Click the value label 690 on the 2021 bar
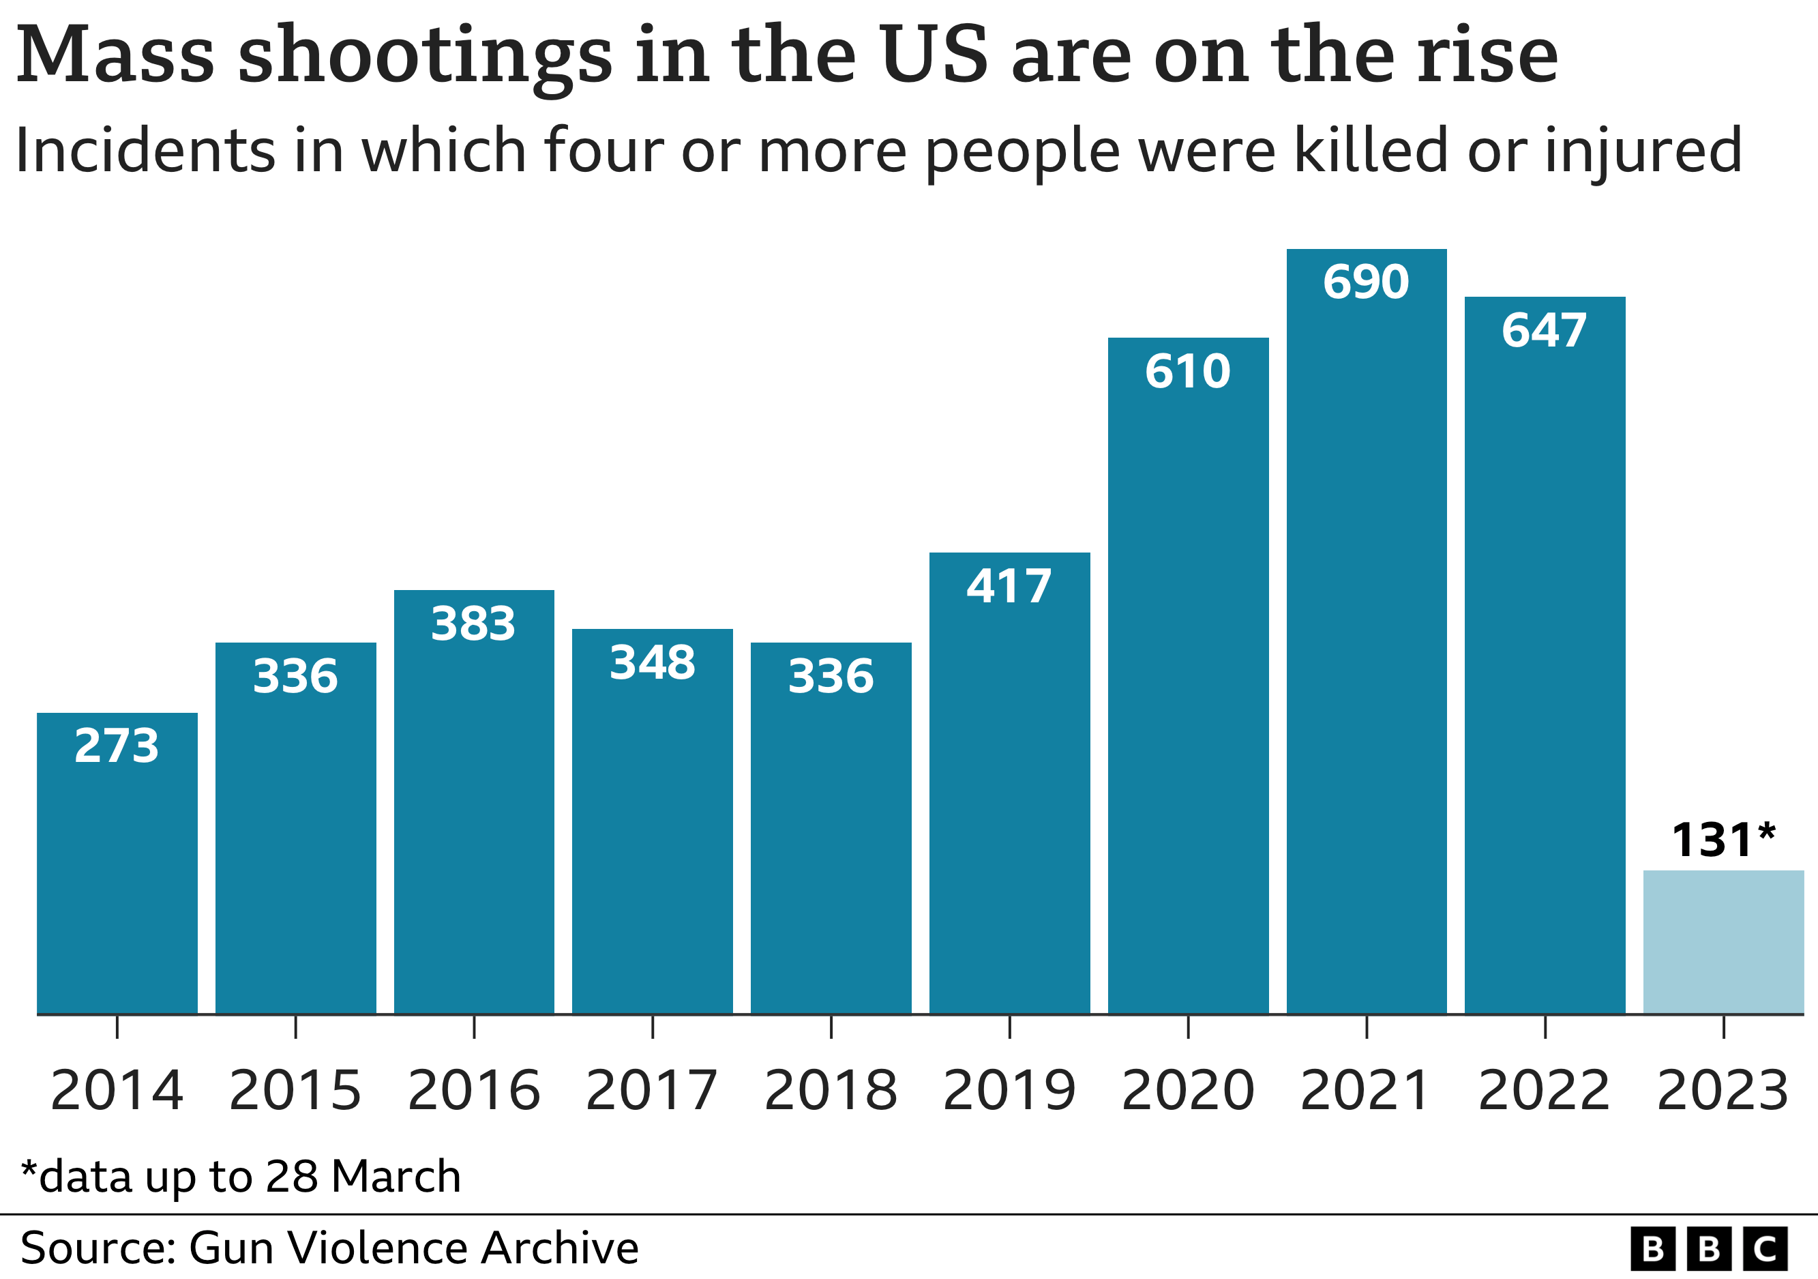1366,282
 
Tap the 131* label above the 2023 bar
1723,840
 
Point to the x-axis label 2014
117,1091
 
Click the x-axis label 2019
1009,1091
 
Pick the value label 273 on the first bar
117,746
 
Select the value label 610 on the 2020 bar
1188,372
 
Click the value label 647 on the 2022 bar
1544,330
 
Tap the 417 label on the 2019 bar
1009,587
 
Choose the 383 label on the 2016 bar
473,624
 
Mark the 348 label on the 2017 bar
653,663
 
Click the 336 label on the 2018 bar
831,677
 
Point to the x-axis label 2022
1544,1091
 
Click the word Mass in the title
116,55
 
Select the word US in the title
934,55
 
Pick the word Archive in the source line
559,1248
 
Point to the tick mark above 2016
473,1027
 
